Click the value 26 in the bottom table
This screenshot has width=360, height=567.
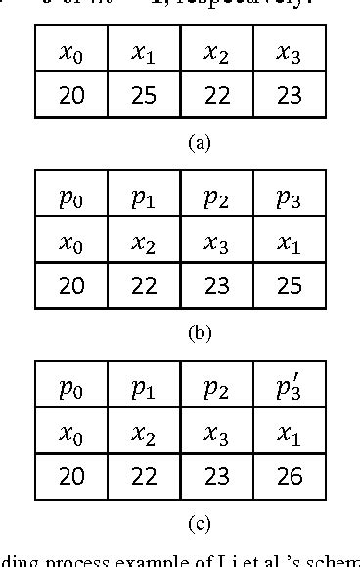(290, 476)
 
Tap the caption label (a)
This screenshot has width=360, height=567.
(199, 143)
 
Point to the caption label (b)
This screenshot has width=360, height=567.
(199, 332)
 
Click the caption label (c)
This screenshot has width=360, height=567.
(199, 523)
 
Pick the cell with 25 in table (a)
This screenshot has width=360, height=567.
(144, 96)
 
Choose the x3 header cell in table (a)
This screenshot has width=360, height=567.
(290, 53)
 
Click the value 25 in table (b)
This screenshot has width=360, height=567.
(290, 285)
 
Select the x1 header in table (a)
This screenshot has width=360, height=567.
(144, 53)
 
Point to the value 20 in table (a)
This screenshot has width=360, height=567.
(71, 96)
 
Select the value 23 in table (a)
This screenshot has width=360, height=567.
(290, 96)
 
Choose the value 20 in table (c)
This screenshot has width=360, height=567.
(71, 476)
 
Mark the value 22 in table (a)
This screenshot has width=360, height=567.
(216, 96)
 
